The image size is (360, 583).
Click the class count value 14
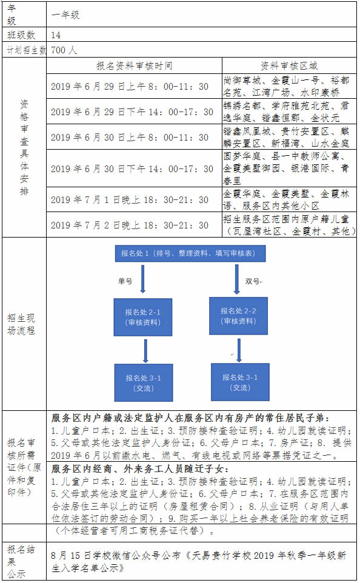point(56,35)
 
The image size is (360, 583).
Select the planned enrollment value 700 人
point(64,50)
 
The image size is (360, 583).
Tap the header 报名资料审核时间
point(135,66)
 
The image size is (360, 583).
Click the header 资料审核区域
point(289,66)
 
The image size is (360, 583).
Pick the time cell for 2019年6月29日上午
point(130,86)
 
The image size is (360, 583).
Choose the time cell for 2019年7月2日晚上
point(130,225)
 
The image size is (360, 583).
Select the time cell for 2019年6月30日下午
point(132,169)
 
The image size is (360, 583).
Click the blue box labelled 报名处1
point(190,253)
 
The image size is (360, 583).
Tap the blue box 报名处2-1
point(143,317)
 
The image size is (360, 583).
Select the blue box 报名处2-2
point(238,316)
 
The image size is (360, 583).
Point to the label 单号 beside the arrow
point(125,281)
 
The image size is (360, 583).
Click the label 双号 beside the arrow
point(253,281)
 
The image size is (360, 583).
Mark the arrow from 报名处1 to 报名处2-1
point(142,279)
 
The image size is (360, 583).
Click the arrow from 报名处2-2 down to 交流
point(239,350)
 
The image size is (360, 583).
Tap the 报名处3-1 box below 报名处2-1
point(144,382)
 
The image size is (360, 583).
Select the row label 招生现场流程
point(21,324)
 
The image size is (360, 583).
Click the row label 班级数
point(21,35)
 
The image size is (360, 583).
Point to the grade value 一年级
point(65,15)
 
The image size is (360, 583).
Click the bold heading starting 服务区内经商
point(140,469)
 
